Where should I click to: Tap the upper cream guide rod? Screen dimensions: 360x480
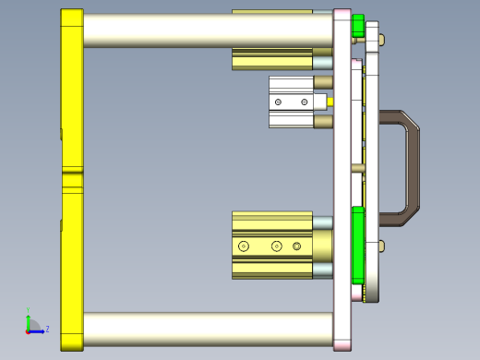point(208,30)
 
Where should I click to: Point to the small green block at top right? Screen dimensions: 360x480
point(358,29)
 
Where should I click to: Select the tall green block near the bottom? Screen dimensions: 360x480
point(358,246)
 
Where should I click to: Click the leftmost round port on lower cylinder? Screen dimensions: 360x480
point(244,246)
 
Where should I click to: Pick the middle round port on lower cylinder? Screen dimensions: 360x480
point(276,246)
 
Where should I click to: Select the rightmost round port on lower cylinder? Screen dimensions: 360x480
point(296,246)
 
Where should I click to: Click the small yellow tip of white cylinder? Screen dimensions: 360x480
point(331,100)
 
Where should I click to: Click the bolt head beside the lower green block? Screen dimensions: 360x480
point(380,245)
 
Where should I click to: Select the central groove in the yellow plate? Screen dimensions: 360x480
point(72,172)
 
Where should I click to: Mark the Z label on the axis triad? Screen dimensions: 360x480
point(47,329)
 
